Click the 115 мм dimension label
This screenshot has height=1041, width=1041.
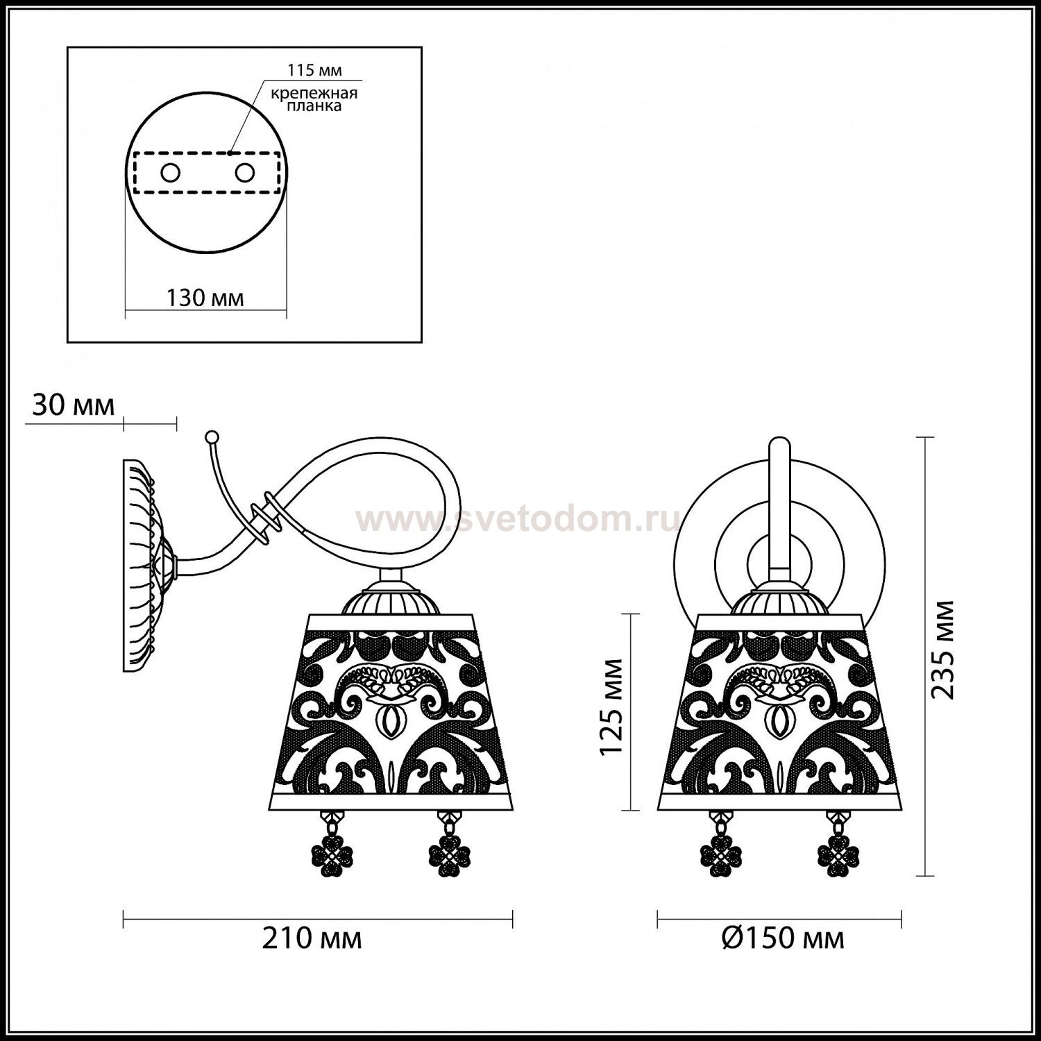314,70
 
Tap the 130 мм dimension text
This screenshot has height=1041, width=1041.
205,298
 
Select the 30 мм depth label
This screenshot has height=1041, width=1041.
74,405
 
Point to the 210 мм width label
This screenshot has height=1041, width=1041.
312,939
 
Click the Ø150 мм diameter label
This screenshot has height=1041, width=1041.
782,939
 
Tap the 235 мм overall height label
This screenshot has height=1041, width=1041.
942,650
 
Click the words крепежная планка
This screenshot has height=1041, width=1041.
315,100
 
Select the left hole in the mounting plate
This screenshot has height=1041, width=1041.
169,173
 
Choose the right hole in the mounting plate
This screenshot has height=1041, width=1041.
244,173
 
